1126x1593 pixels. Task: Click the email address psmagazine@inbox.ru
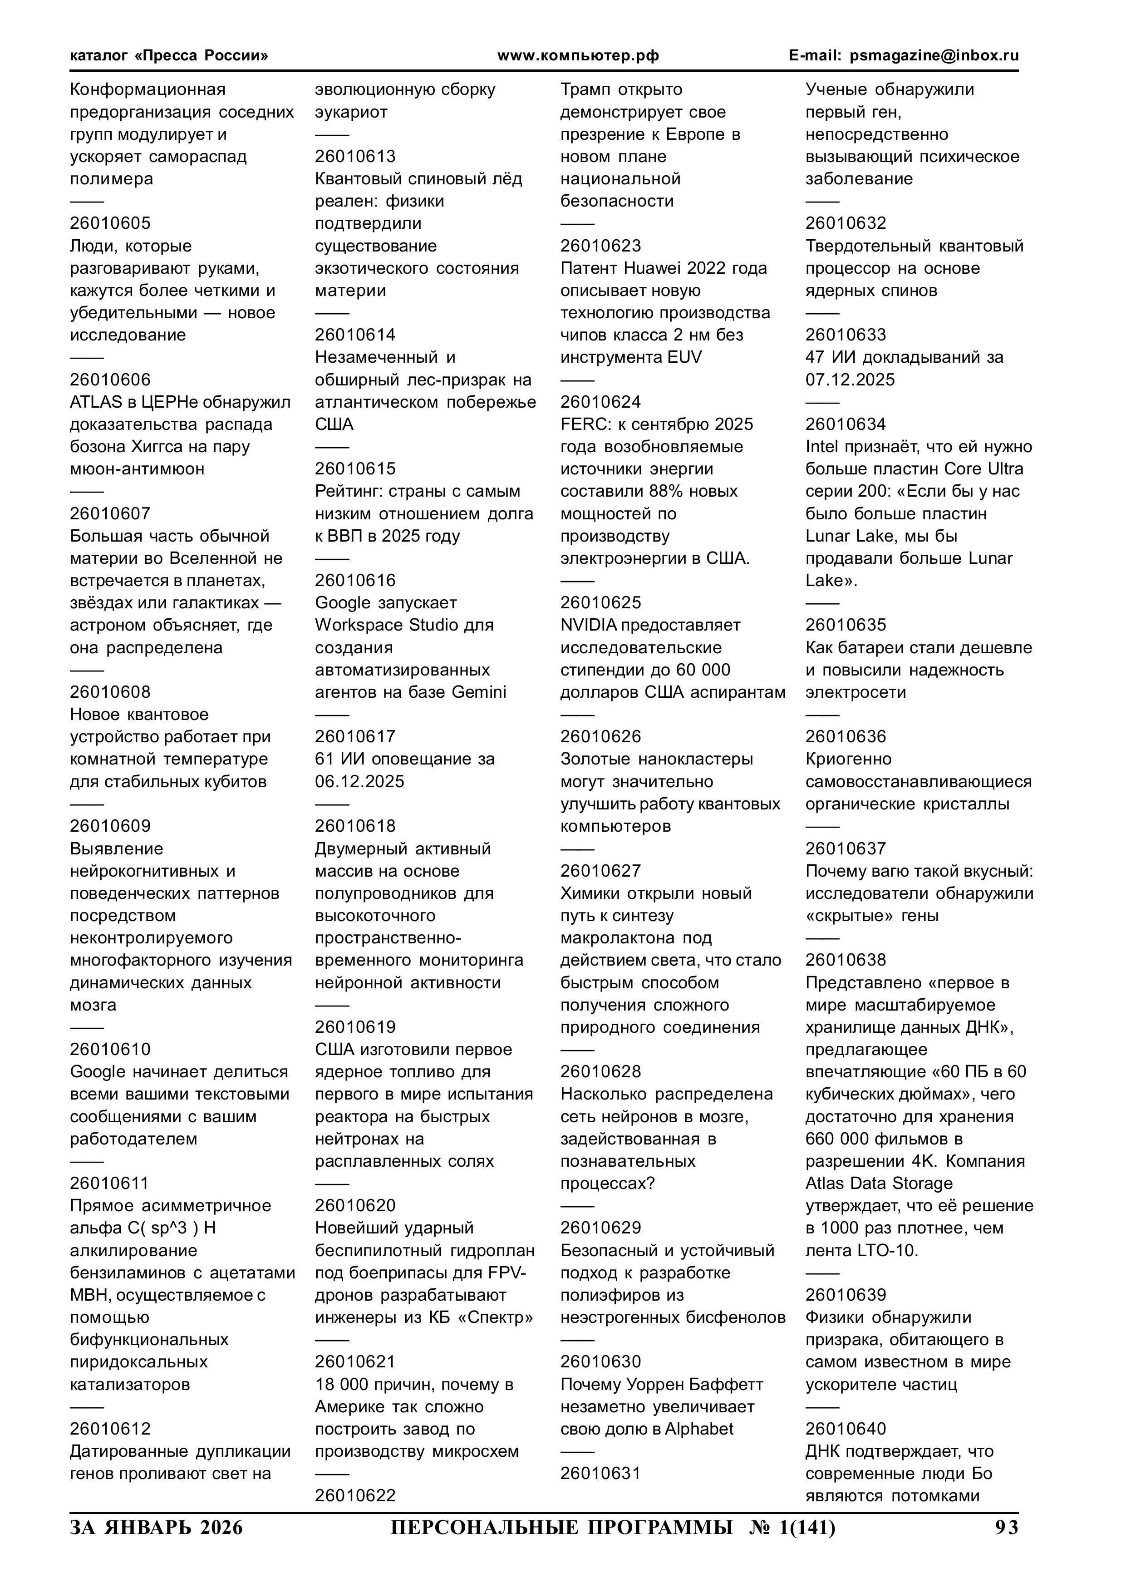click(x=934, y=55)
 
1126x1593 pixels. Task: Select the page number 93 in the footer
click(x=1006, y=1528)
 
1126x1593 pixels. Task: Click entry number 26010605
click(x=110, y=223)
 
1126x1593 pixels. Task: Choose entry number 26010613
click(x=355, y=156)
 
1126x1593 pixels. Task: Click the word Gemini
click(x=479, y=692)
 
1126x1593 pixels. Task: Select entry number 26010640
click(x=846, y=1429)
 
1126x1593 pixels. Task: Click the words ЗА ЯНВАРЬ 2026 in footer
click(x=157, y=1528)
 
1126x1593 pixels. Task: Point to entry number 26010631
click(x=601, y=1473)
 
